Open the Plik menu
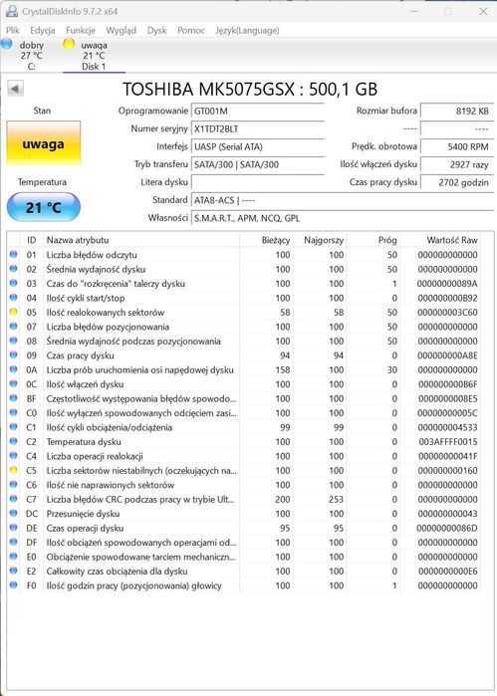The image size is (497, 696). [13, 30]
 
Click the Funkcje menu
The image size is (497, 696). [81, 30]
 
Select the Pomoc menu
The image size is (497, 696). [191, 30]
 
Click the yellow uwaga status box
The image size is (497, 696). [43, 144]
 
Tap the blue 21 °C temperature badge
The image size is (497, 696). [43, 207]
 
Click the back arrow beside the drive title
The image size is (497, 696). [15, 89]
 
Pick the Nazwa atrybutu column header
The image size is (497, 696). [78, 240]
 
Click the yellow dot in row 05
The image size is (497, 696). [13, 312]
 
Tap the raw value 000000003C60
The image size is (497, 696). [447, 312]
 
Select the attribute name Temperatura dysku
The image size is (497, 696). [85, 441]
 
